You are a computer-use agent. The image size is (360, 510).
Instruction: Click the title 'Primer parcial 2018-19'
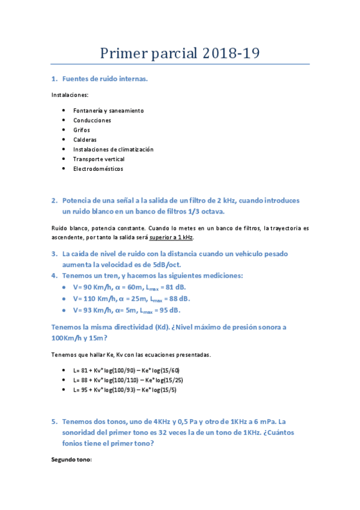[x=179, y=53]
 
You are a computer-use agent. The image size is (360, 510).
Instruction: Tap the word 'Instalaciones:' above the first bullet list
[x=69, y=95]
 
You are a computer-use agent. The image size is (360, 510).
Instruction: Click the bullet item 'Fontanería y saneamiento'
[x=108, y=111]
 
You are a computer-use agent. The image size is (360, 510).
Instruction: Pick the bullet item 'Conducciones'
[x=92, y=120]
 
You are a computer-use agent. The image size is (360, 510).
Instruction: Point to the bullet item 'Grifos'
[x=81, y=130]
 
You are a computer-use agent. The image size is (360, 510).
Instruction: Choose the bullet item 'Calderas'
[x=85, y=140]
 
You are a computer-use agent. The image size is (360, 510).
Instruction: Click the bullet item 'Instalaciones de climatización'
[x=113, y=149]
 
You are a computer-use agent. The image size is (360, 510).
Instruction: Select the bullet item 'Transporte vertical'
[x=99, y=159]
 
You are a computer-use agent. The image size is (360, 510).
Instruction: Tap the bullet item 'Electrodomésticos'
[x=98, y=168]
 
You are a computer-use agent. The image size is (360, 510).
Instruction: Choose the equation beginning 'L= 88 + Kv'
[x=127, y=380]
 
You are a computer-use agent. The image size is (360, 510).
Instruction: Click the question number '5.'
[x=54, y=422]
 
